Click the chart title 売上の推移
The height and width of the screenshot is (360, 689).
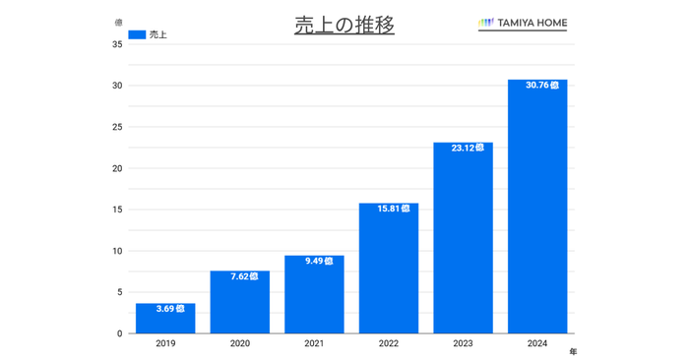coord(344,26)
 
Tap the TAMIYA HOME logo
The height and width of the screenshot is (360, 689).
coord(522,23)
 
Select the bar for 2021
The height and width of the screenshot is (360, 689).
coord(314,294)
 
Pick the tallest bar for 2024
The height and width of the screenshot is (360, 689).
coord(537,207)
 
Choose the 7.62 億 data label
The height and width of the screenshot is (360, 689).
coord(239,276)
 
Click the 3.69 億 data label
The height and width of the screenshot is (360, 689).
coord(165,309)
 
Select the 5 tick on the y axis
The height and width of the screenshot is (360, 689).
coord(119,292)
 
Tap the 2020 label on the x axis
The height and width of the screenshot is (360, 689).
coord(240,344)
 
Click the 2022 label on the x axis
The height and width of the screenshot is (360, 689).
coord(389,344)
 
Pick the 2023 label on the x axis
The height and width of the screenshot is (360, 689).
coord(464,344)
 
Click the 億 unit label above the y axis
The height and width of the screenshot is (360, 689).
coord(118,23)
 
